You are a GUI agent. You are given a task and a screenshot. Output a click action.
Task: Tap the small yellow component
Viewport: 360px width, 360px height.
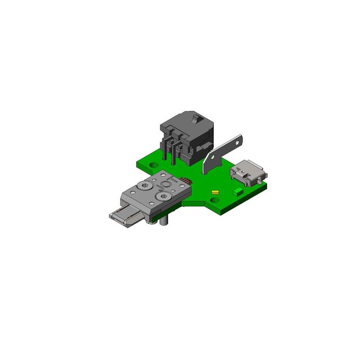pyautogui.click(x=214, y=192)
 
